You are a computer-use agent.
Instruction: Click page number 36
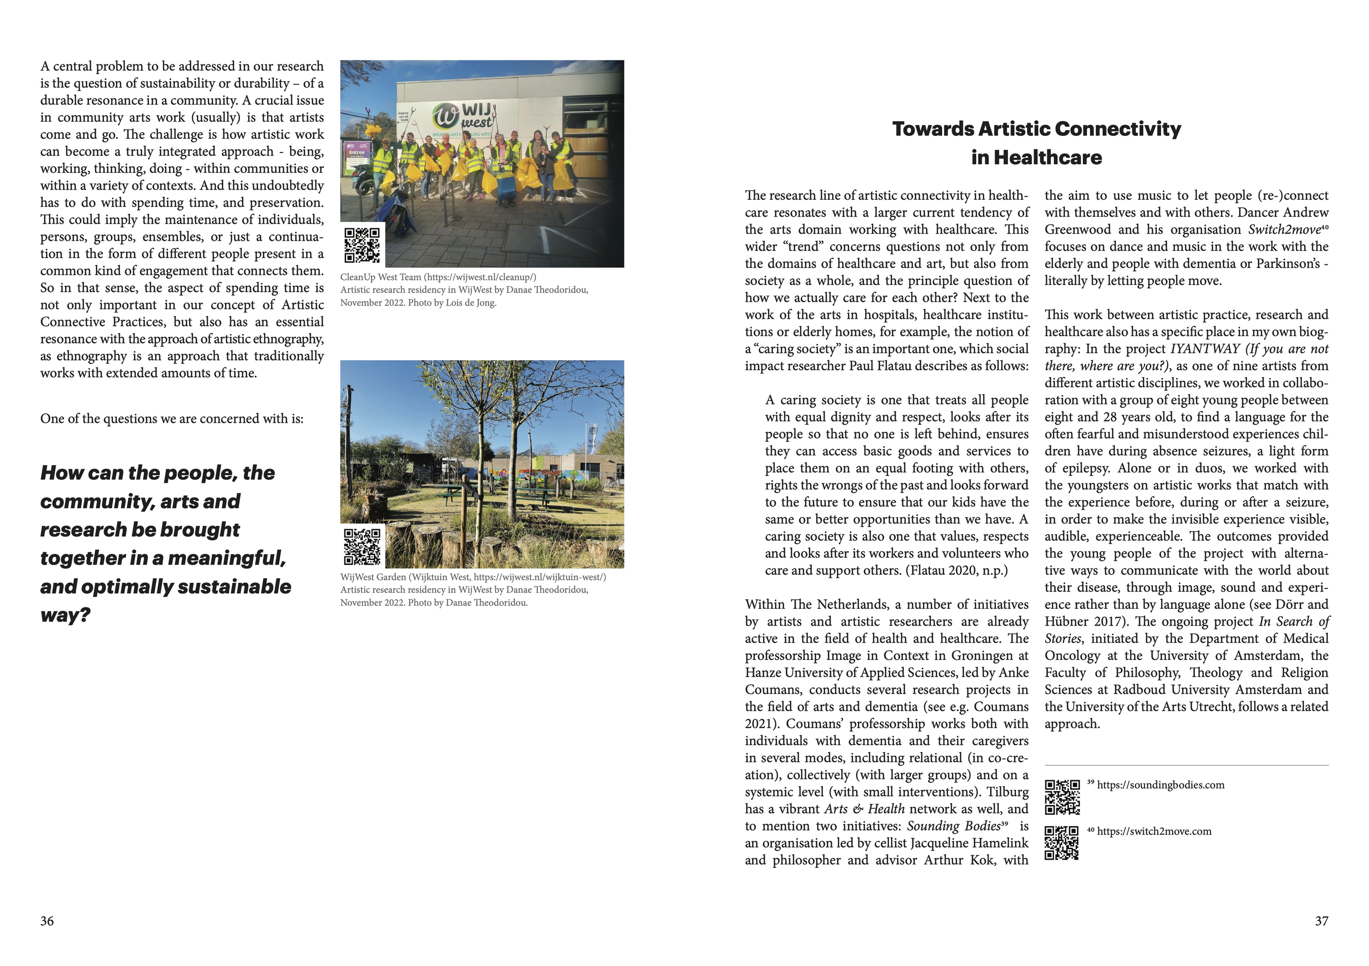pos(47,921)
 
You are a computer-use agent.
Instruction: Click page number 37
pos(1321,921)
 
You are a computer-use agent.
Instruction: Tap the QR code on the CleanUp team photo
pos(362,245)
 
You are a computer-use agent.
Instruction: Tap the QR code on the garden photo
pos(362,546)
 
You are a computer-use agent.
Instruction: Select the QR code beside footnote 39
pos(1062,796)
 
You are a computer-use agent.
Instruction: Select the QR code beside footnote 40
pos(1062,842)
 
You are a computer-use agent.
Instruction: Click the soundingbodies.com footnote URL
pos(1160,785)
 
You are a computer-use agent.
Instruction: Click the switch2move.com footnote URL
pos(1154,831)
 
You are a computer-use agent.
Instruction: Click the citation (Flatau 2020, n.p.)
pos(957,571)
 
